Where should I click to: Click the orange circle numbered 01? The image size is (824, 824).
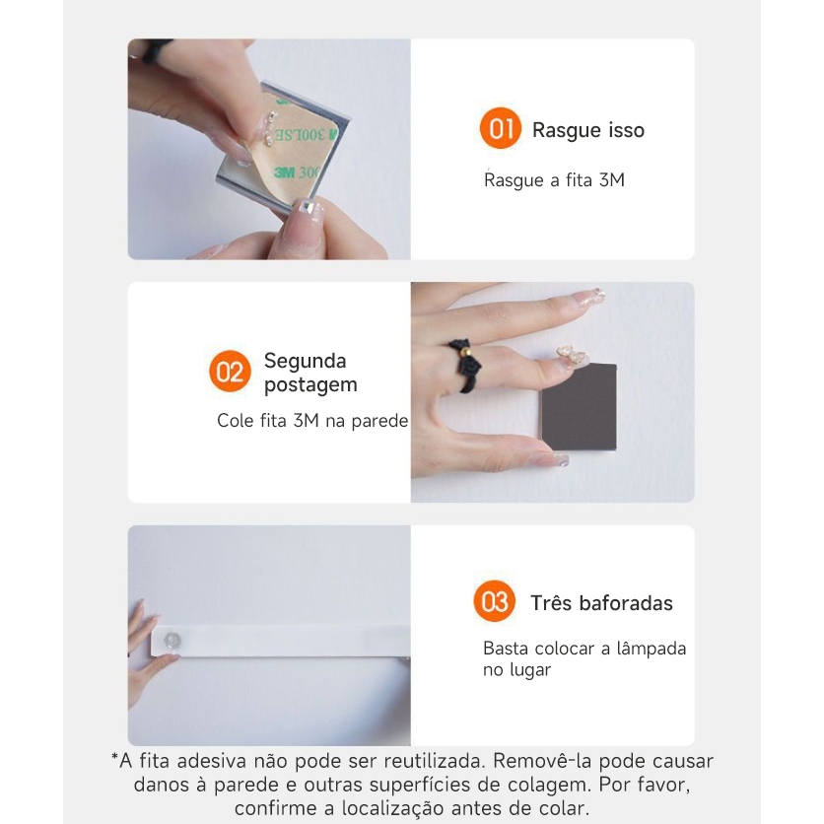500,128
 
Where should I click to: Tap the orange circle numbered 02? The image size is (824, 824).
230,371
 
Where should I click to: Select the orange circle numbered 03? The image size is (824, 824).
494,600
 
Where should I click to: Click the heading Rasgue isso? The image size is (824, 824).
588,130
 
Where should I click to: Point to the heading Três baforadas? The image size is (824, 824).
601,603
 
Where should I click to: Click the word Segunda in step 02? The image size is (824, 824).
305,361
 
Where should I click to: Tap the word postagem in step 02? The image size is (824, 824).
310,385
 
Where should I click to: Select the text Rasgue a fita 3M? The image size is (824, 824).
554,180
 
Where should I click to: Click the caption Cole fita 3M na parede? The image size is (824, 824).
312,421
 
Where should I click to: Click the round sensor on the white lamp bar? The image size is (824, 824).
172,640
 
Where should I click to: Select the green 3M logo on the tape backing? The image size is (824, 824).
284,172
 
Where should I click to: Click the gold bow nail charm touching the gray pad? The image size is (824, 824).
572,356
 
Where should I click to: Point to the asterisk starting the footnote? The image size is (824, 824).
114,757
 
